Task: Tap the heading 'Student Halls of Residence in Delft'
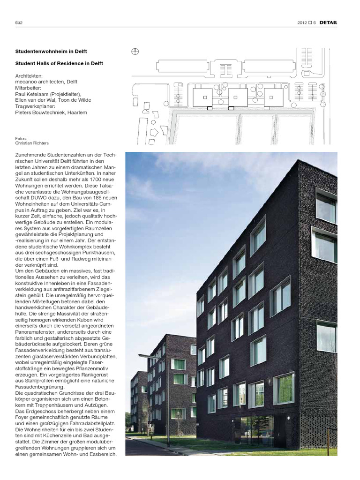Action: tap(59, 63)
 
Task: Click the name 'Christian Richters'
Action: tap(32, 143)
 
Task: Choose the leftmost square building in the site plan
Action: tap(202, 98)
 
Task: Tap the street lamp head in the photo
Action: tap(142, 357)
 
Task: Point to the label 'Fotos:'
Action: tap(21, 138)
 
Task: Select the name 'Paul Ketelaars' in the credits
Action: tap(35, 94)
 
